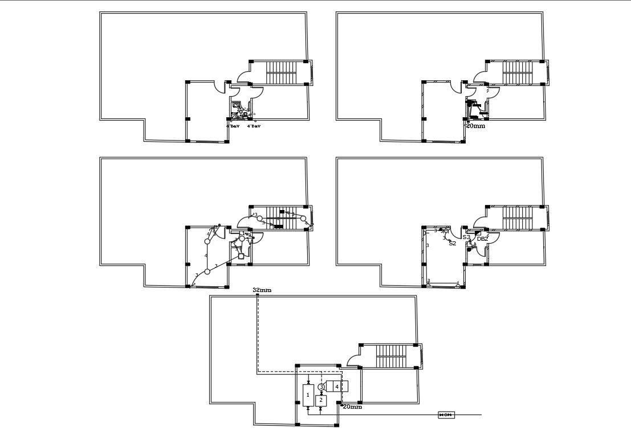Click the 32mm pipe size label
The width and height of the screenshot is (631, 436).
[x=262, y=290]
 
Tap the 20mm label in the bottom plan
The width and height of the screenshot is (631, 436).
[x=352, y=407]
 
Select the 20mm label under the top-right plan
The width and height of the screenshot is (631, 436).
[x=475, y=126]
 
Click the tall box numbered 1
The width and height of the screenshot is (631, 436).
[x=308, y=394]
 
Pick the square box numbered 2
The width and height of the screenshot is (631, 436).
[x=321, y=400]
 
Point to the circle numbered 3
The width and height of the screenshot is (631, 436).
[x=321, y=387]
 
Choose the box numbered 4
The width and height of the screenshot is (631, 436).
[x=337, y=386]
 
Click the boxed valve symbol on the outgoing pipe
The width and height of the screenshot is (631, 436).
[x=446, y=415]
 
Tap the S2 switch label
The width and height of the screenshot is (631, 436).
[x=453, y=243]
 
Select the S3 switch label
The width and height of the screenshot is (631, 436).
[x=466, y=237]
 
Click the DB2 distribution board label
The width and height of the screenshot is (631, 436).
[x=482, y=239]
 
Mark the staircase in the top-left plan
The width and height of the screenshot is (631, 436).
[x=281, y=73]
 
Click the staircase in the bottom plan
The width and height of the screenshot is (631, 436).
[x=391, y=356]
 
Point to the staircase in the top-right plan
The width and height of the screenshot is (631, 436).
[x=517, y=73]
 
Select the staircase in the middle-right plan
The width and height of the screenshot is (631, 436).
[x=517, y=218]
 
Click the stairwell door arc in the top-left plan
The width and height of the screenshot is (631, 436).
[x=243, y=76]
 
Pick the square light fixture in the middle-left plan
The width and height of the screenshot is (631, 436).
[x=242, y=256]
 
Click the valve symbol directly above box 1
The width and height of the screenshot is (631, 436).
[x=308, y=382]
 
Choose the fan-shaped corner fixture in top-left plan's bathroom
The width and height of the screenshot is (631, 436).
[x=233, y=116]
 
